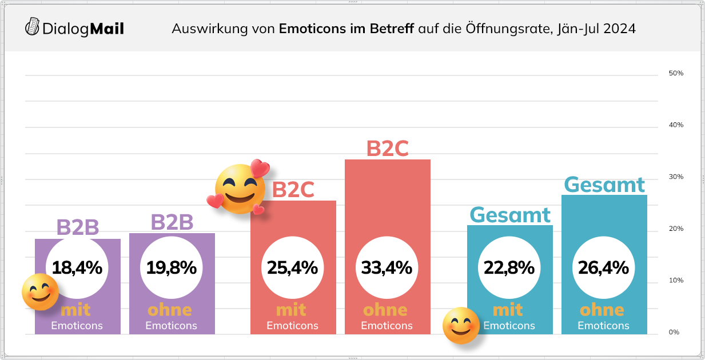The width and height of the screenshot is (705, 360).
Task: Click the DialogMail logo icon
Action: pos(33,26)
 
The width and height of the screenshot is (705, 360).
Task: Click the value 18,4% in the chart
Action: pos(77,267)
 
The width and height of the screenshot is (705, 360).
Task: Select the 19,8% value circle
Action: pos(172,267)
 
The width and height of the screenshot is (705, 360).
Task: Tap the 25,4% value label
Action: pos(293,267)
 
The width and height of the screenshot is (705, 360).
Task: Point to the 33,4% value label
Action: pos(387,267)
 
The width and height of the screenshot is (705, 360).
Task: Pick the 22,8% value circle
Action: pos(509,267)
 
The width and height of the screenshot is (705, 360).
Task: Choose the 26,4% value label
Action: pos(604,267)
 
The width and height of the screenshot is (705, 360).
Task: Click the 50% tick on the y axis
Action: pos(676,74)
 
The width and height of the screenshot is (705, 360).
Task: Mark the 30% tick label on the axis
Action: pos(676,177)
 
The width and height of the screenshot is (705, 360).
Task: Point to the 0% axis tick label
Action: pos(674,332)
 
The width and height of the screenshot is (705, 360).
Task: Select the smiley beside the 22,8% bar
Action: pos(461,326)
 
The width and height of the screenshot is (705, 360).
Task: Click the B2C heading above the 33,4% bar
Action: pos(387,149)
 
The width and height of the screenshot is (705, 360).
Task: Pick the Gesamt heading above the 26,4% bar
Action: pos(604,185)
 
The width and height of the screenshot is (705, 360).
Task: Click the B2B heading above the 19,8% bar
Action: pos(172,222)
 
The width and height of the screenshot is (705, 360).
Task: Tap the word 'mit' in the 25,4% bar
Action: pos(291,310)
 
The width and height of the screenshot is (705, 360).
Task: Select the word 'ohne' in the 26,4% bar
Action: pos(602,310)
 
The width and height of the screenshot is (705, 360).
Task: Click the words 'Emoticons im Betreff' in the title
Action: pos(346,29)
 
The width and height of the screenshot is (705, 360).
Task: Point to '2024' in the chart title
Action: pos(620,29)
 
